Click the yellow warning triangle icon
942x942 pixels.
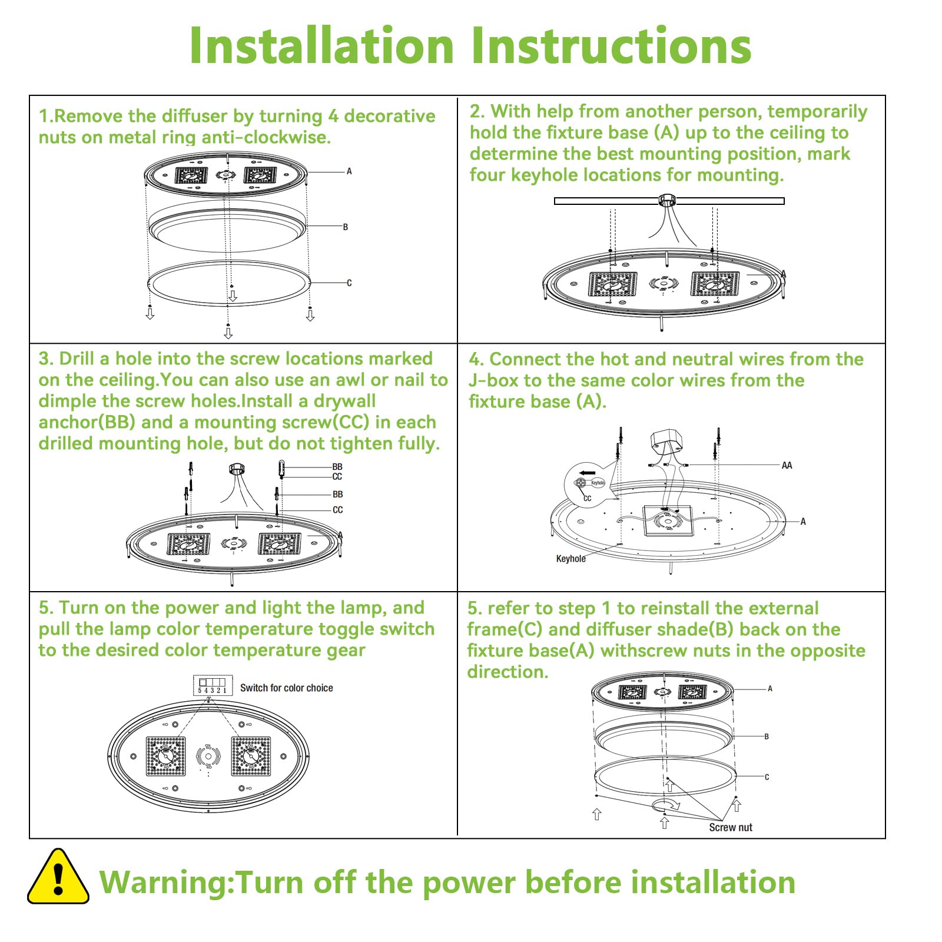58,877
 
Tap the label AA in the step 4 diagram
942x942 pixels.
787,466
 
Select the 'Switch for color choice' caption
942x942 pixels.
286,688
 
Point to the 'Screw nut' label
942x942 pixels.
730,827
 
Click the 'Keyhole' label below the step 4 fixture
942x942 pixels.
570,559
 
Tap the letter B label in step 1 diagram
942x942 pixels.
346,227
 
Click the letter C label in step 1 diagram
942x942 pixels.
349,283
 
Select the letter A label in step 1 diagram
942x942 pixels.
349,171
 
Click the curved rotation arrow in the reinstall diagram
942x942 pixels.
666,804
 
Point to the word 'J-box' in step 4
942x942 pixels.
493,380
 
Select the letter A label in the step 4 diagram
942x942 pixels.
802,522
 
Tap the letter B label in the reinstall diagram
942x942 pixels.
767,737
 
